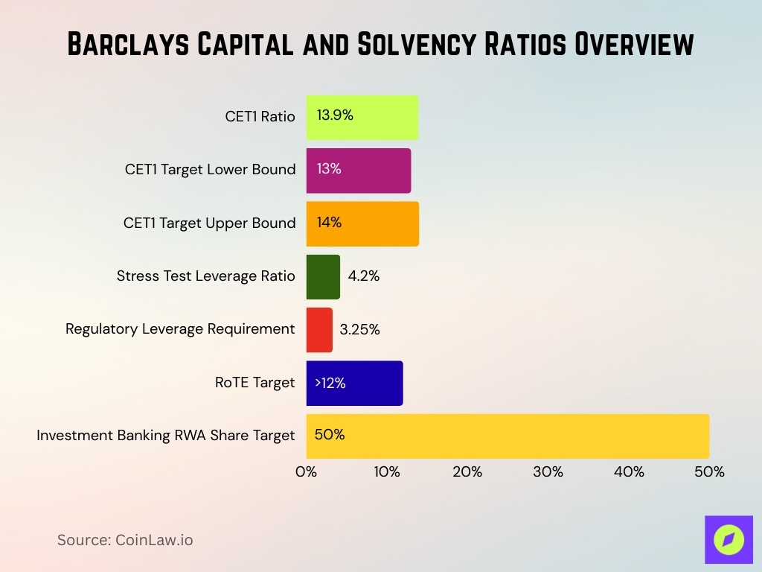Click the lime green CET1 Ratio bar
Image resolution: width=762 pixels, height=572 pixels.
362,118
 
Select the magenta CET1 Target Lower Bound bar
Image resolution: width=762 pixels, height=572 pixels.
359,171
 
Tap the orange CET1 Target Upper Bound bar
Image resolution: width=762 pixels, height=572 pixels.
362,223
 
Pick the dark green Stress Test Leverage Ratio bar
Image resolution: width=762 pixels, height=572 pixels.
323,277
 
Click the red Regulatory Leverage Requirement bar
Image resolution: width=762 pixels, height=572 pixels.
319,330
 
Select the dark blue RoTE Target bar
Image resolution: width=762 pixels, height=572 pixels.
355,384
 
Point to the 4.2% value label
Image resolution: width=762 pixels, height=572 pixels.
364,276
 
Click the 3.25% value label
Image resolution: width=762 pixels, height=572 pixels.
359,330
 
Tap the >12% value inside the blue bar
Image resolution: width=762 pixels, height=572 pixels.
330,384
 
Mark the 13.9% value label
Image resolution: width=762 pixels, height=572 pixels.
335,116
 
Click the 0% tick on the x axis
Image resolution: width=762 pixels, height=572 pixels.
307,471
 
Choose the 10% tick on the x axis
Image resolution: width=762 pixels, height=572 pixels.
387,471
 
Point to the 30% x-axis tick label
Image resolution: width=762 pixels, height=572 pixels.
548,471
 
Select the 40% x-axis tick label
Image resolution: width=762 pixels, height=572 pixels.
629,471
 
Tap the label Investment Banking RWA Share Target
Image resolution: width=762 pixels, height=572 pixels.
166,436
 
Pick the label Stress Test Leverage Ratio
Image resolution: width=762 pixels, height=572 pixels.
205,276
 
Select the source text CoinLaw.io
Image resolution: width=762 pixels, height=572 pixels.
154,540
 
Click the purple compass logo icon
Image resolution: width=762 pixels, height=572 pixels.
729,539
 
